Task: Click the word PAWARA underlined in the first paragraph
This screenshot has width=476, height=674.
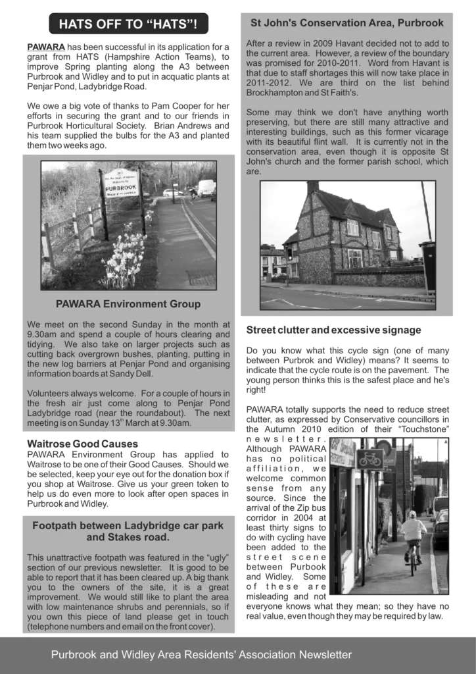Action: tap(46, 47)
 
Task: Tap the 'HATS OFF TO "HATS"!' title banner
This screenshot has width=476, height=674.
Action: tap(128, 24)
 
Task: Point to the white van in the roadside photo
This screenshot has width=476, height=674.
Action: tap(206, 188)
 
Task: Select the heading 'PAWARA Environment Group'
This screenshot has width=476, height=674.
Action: tap(128, 304)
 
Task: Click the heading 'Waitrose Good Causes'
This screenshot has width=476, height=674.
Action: tap(83, 444)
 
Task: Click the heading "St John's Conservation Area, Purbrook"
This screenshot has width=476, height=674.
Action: tap(346, 23)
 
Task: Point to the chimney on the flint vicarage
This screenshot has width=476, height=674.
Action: tap(313, 188)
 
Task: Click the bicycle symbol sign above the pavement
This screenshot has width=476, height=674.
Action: tap(370, 458)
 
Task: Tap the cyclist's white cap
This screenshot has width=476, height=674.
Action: tap(412, 514)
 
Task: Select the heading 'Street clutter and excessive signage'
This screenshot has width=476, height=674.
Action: tap(334, 330)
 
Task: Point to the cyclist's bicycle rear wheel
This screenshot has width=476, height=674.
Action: tap(412, 564)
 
